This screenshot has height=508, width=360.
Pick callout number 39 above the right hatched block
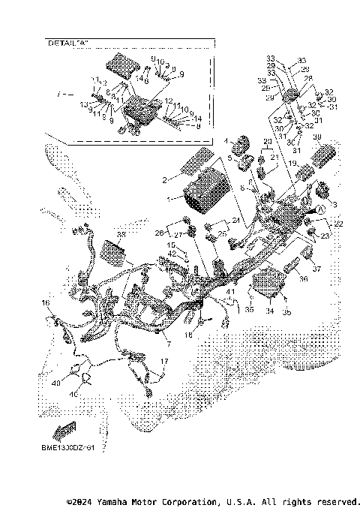(316, 137)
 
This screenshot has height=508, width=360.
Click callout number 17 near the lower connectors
(164, 361)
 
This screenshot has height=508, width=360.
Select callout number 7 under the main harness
(168, 343)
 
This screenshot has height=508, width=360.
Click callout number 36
(304, 279)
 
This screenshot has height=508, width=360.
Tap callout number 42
(172, 254)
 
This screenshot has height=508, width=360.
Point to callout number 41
(230, 290)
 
